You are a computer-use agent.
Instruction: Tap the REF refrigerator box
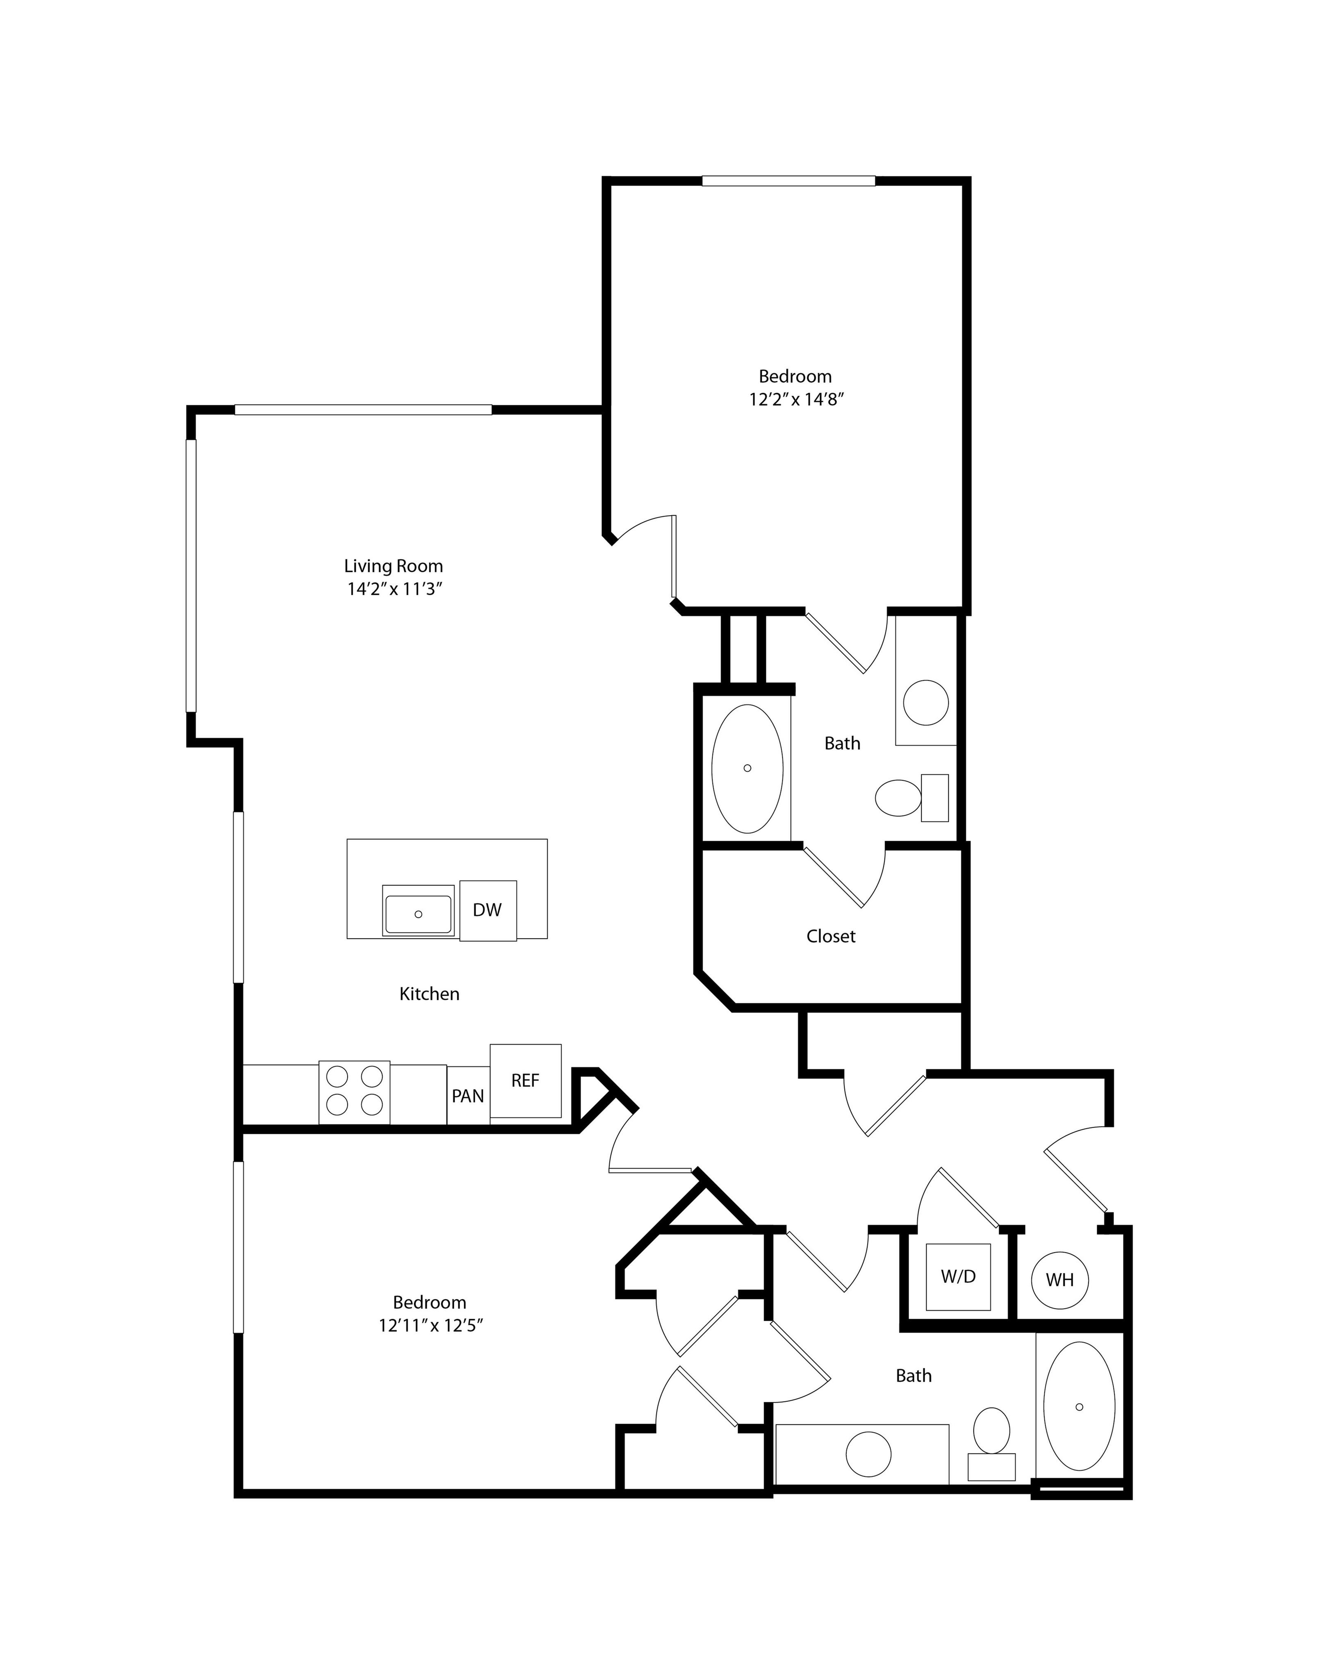click(x=525, y=1081)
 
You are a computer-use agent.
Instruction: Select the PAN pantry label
click(x=468, y=1096)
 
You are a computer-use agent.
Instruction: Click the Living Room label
click(x=394, y=566)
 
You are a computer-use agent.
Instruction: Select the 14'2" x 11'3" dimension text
click(x=394, y=589)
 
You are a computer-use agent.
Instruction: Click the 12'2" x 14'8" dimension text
click(x=795, y=399)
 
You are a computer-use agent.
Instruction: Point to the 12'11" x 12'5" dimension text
click(x=430, y=1325)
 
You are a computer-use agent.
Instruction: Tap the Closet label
click(x=831, y=936)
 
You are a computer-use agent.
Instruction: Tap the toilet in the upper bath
click(x=912, y=797)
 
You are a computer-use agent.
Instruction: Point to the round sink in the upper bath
click(x=926, y=703)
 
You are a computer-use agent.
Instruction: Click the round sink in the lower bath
click(x=869, y=1454)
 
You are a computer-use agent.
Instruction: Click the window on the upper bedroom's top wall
click(x=788, y=182)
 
